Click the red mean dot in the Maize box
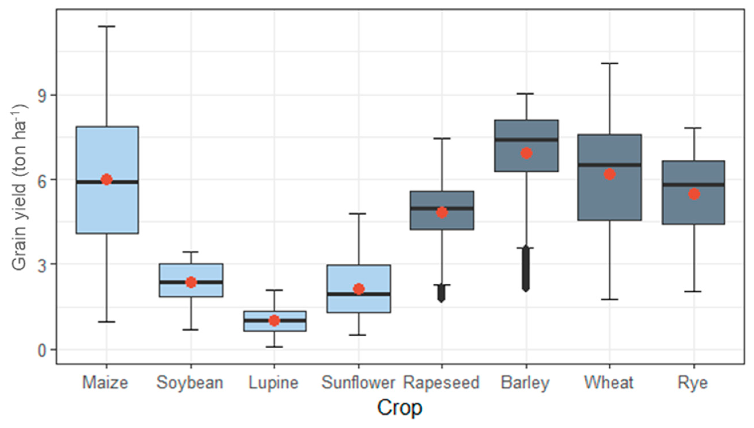pos(106,179)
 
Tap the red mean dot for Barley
pos(526,153)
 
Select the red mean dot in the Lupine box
pos(274,320)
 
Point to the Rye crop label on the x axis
pos(693,383)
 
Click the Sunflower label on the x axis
pos(358,383)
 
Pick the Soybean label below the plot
pos(190,383)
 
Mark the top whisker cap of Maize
pos(106,27)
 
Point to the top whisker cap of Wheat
pos(610,63)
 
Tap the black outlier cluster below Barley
pos(526,269)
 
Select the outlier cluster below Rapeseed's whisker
pos(441,293)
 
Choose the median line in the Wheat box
pos(610,165)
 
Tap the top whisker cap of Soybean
pos(191,252)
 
